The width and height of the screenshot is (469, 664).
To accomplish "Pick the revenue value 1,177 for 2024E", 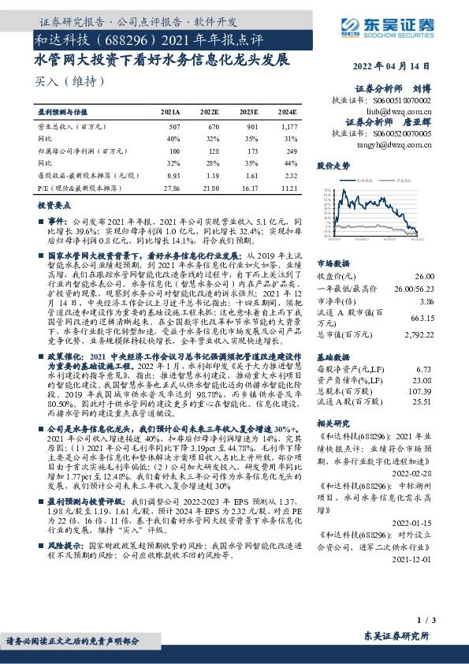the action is tap(288, 126).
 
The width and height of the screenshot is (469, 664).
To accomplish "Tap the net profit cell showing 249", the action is tap(291, 150).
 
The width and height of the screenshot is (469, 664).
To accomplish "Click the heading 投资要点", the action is tap(54, 205).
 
